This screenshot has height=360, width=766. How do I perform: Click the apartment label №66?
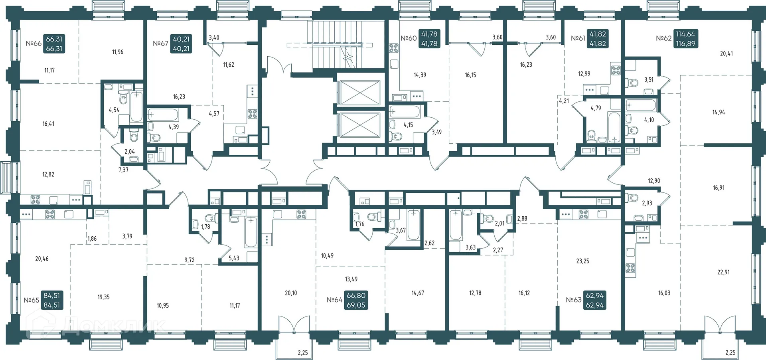point(34,44)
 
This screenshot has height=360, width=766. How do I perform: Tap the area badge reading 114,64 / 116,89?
point(685,39)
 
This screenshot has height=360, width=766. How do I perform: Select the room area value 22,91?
point(723,272)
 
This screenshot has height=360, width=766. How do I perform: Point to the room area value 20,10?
point(291,293)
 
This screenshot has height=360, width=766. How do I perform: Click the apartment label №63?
point(574,300)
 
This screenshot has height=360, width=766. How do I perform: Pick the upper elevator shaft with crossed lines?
point(359,93)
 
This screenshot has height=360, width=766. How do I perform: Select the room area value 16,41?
point(48,124)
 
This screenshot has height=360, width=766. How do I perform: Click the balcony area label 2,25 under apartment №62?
point(730,352)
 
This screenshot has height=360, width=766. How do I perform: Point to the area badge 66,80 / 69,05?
point(356,300)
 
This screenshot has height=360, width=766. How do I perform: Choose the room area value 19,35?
point(103,297)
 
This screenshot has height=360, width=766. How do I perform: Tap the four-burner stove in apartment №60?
point(394,48)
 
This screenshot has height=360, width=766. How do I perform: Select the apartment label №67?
point(160,44)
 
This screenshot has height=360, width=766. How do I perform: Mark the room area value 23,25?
point(582,261)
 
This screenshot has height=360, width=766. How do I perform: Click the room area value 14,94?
point(719,112)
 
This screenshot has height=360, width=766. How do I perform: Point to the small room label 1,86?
point(92,239)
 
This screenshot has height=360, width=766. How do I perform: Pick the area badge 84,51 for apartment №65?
point(52,300)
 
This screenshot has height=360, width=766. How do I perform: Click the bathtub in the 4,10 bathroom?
point(641,105)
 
